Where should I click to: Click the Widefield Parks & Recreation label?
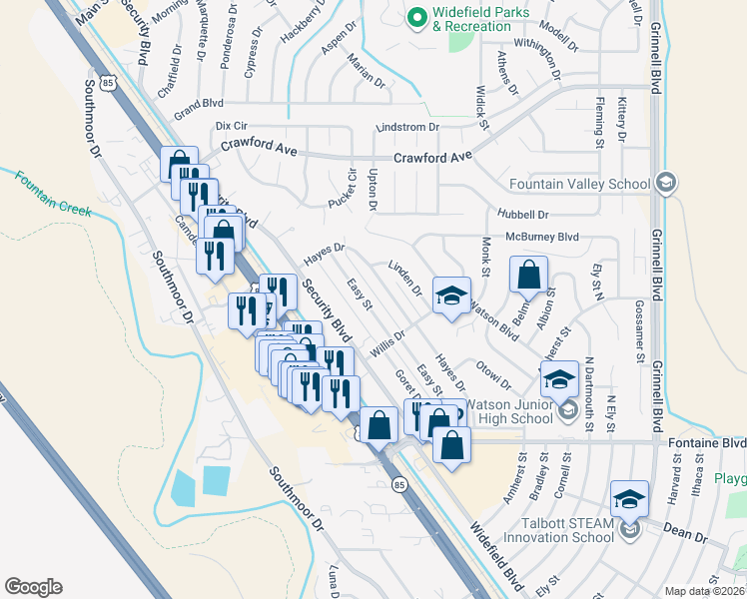(471, 20)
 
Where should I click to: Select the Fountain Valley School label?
(578, 184)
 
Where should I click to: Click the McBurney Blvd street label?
(542, 237)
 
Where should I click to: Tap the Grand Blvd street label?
(199, 103)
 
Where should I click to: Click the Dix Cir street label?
(231, 127)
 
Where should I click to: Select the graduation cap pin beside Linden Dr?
(450, 296)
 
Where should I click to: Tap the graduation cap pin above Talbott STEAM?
(629, 499)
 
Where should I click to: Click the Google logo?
(33, 587)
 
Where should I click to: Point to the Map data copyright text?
(705, 591)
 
